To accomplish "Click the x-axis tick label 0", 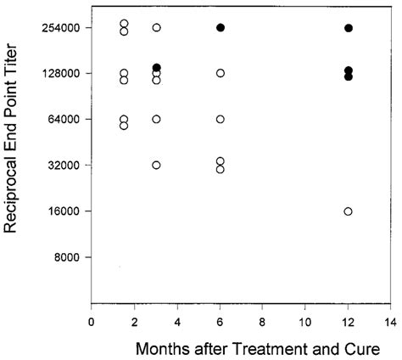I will pyautogui.click(x=92, y=322).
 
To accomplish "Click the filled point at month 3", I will pyautogui.click(x=156, y=68).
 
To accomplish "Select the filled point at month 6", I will pyautogui.click(x=221, y=28).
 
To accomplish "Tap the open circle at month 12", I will pyautogui.click(x=349, y=211).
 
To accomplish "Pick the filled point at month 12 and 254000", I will pyautogui.click(x=349, y=28).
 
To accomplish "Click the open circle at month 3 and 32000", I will pyautogui.click(x=156, y=165).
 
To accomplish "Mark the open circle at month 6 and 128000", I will pyautogui.click(x=221, y=73).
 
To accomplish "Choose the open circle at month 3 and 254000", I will pyautogui.click(x=156, y=28).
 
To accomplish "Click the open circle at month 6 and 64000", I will pyautogui.click(x=221, y=119).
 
